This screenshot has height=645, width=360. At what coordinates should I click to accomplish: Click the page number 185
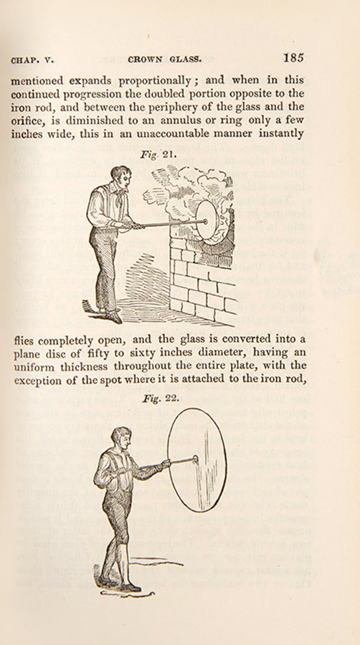[x=293, y=57]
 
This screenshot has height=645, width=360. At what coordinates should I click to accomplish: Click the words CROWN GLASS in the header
[x=164, y=59]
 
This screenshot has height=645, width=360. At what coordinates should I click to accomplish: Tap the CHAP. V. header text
[x=32, y=59]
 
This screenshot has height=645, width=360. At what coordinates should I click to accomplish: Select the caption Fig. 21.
[x=152, y=155]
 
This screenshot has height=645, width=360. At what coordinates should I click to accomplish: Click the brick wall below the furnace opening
[x=202, y=284]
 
